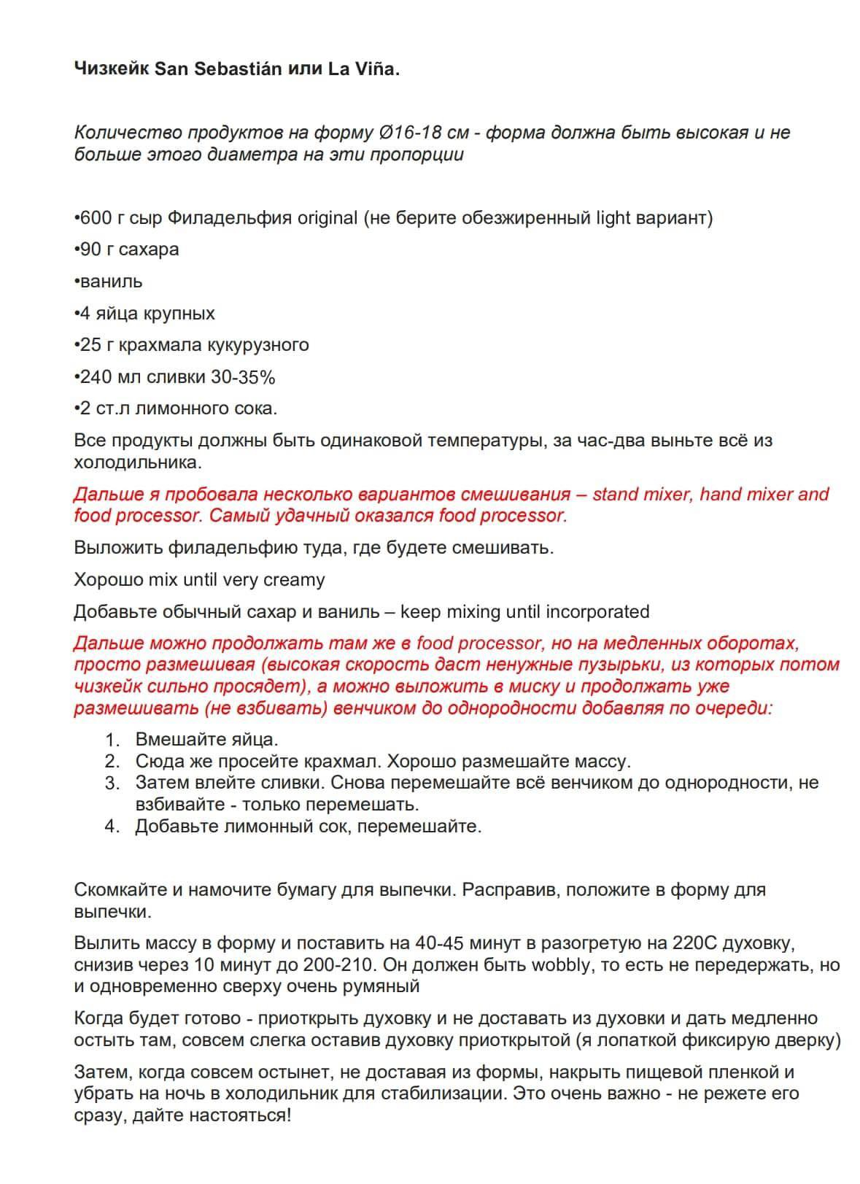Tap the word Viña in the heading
pos(376,69)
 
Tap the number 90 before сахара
pos(90,249)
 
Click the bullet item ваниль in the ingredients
pos(110,282)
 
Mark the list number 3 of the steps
pos(112,783)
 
